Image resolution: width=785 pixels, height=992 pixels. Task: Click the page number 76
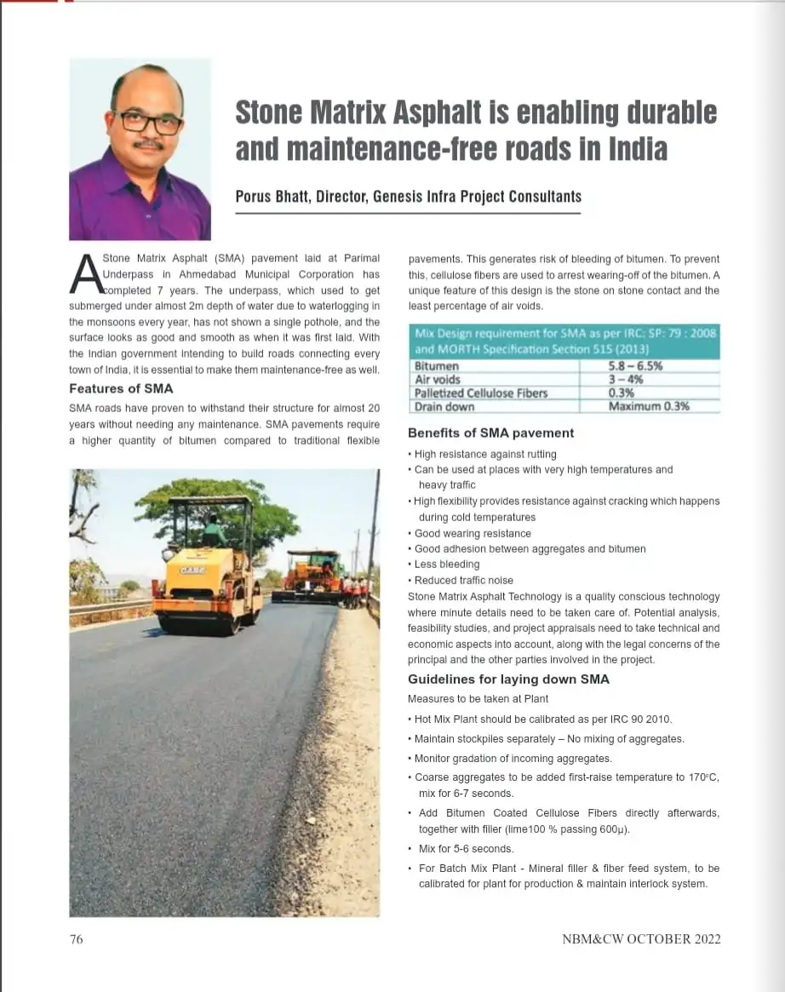coord(76,939)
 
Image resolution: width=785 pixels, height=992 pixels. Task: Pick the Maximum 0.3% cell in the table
coord(649,406)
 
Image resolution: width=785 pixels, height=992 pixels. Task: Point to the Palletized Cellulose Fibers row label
coord(480,393)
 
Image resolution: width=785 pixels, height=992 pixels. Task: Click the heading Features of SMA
coord(121,389)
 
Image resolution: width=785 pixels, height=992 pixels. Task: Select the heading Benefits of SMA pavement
coord(490,433)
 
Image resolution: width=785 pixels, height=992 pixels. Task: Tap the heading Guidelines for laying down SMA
coord(508,679)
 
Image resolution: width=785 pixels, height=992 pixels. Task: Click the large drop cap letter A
coord(85,274)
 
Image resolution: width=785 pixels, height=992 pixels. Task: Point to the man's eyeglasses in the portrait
coord(149,121)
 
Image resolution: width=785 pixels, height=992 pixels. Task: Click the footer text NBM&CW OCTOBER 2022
coord(641,939)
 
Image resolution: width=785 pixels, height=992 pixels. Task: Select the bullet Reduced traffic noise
coord(464,581)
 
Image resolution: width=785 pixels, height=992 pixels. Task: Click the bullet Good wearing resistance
coord(473,534)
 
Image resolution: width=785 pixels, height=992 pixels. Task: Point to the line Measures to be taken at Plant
coord(478,699)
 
